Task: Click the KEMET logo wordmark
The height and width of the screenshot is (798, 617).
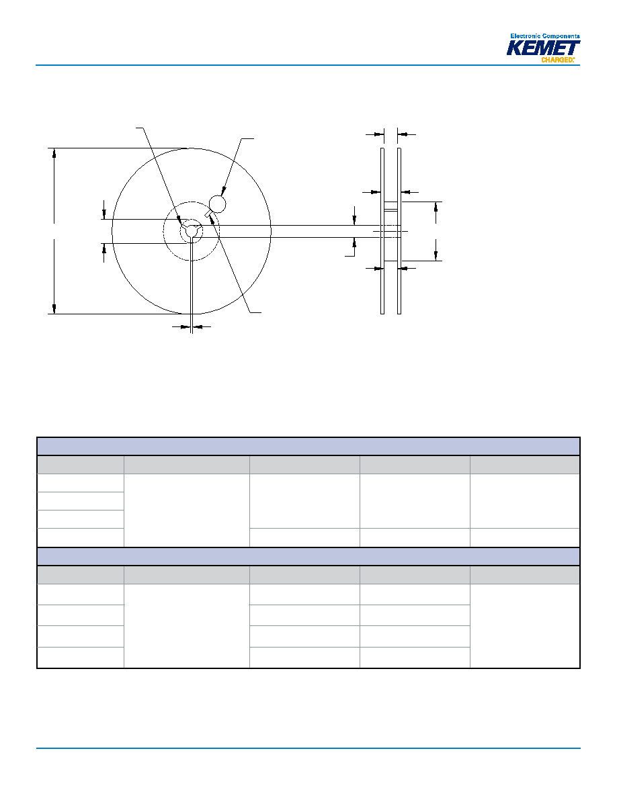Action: (543, 48)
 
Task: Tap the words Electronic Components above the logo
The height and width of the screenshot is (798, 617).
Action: (544, 36)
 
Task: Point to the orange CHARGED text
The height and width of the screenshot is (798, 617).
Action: (557, 60)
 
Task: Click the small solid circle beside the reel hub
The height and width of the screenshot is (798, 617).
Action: (217, 204)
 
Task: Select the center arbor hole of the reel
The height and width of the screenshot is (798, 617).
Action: (192, 231)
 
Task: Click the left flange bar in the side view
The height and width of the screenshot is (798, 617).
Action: (382, 231)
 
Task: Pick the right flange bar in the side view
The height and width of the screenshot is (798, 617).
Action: (399, 231)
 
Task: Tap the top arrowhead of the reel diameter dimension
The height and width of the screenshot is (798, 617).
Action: (54, 153)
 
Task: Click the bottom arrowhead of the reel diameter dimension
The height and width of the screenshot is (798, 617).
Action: (54, 309)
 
